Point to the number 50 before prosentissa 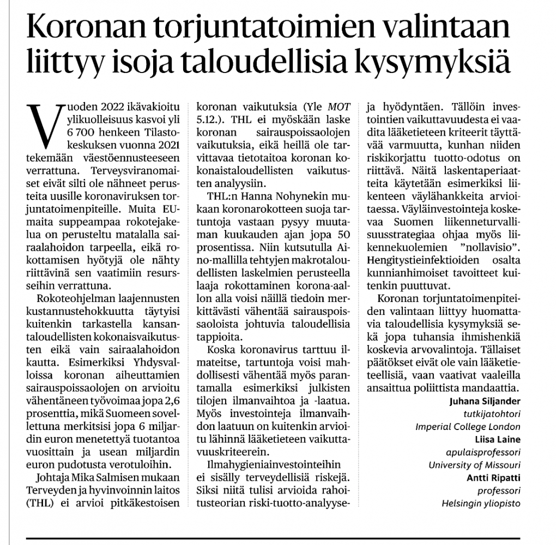tap(341, 233)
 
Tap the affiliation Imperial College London tap(467, 427)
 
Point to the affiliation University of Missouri tap(474, 465)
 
